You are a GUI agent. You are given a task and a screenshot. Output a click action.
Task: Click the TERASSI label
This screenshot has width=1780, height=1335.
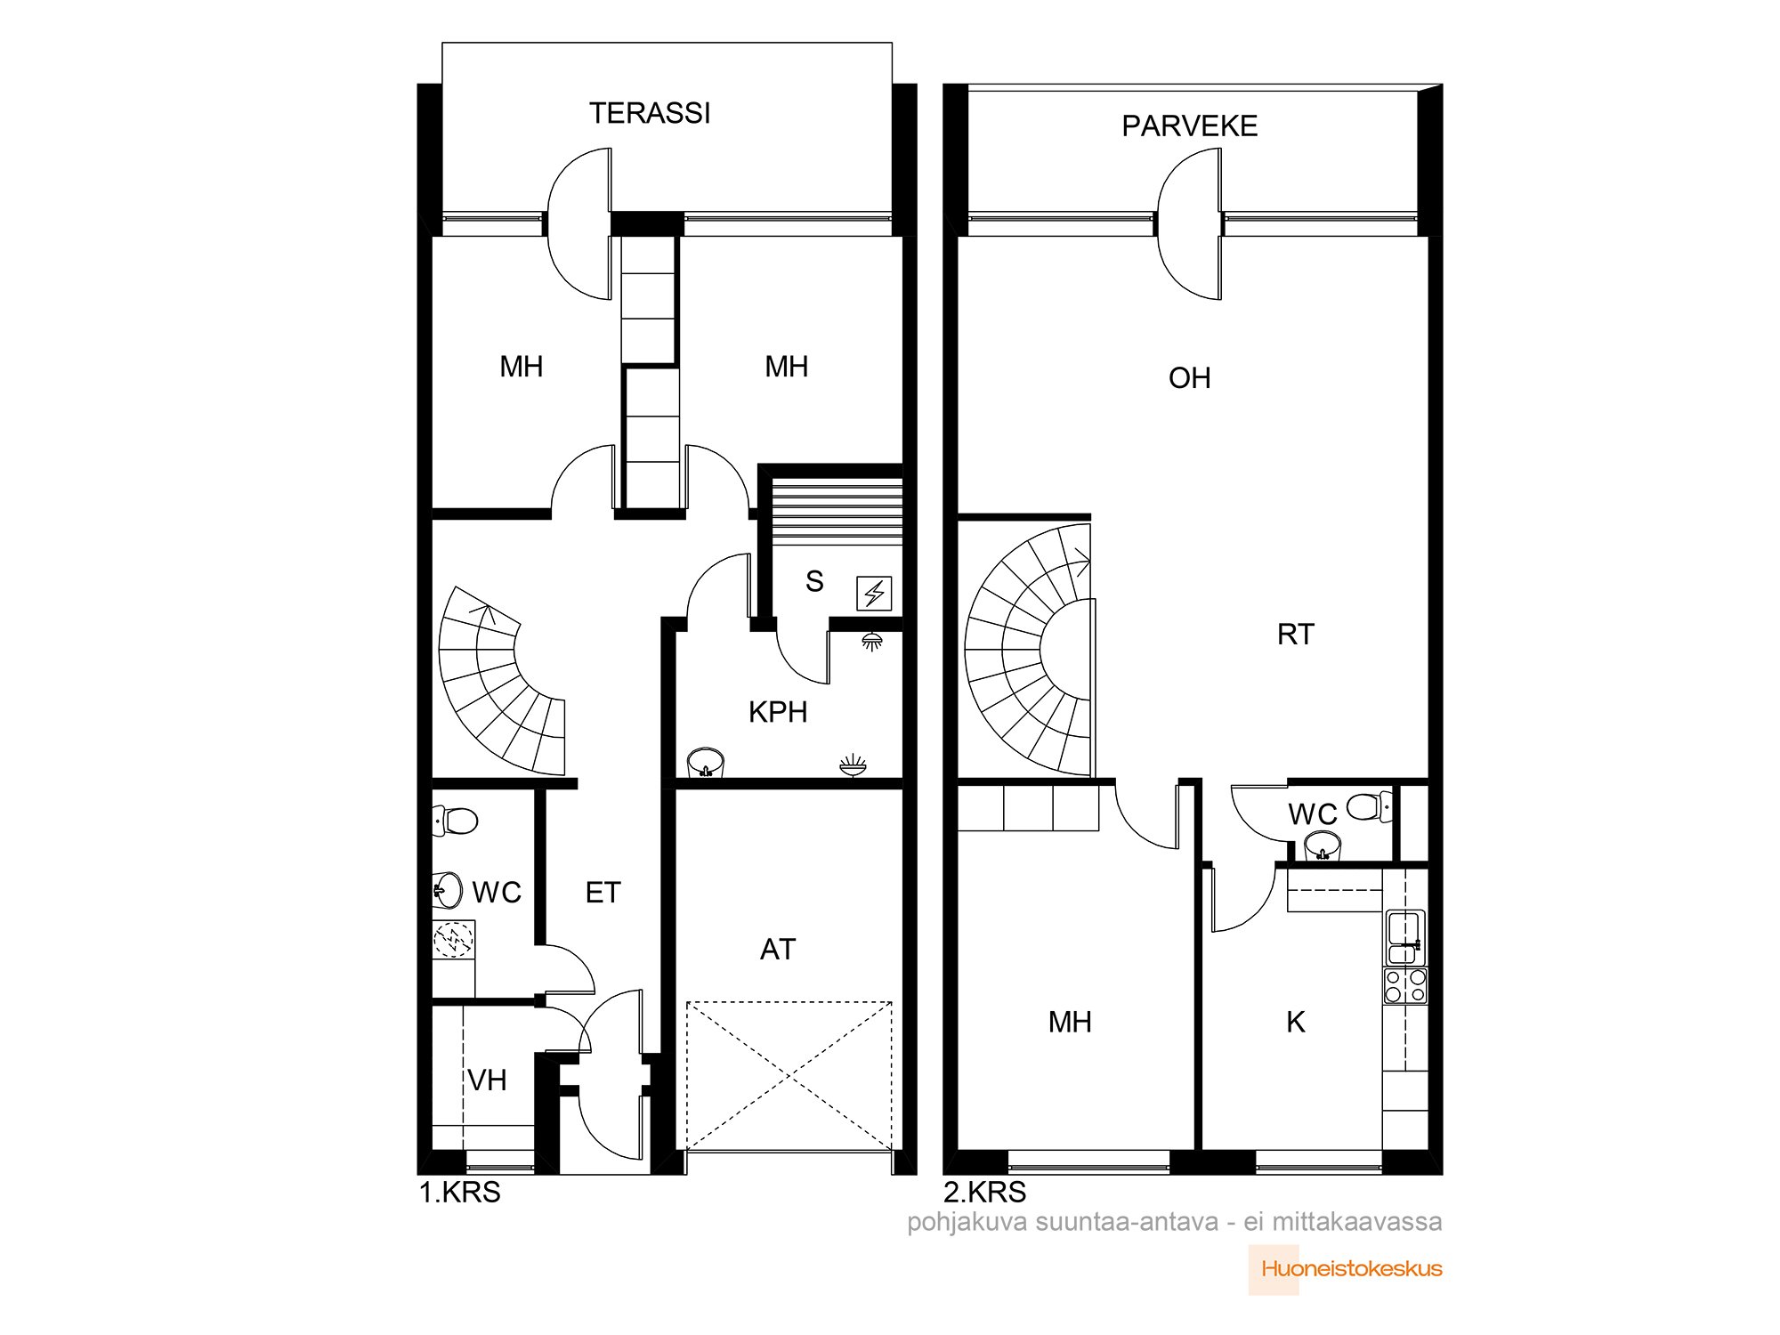coord(650,113)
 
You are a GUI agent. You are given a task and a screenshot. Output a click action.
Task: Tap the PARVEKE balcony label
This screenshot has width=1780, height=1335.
coord(1189,126)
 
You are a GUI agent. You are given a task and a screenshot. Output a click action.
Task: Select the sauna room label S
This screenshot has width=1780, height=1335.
coord(814,581)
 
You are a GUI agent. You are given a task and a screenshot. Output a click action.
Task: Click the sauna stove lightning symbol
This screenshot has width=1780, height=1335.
coord(874,594)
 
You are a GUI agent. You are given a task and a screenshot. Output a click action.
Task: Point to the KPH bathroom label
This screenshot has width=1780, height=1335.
coord(778,712)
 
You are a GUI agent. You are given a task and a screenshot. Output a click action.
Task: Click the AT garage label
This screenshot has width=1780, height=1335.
coord(778,950)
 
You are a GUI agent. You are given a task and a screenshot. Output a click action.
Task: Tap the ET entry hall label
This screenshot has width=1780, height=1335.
coord(603,893)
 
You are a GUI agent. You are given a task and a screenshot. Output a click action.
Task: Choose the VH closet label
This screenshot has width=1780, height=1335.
coord(487,1080)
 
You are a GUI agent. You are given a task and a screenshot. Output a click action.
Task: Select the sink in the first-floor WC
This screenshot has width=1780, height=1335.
coord(448,889)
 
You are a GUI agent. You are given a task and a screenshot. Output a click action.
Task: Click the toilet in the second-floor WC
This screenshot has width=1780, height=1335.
coord(1370,806)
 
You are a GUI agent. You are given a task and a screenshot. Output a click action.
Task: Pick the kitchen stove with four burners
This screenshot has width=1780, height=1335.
coord(1405,986)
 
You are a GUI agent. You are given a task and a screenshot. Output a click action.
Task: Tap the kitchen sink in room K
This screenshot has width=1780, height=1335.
coord(1405,937)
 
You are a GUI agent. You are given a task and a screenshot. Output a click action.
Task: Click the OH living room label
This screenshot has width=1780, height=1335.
coord(1189,378)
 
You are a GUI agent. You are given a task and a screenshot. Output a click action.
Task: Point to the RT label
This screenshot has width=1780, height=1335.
coord(1295,635)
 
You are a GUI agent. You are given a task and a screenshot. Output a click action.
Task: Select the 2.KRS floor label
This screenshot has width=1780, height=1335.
coord(985,1192)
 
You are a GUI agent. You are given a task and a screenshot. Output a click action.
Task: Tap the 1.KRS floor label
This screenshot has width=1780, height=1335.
coord(460,1192)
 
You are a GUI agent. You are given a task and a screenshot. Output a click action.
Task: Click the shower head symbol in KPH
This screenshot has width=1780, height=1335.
coord(871,641)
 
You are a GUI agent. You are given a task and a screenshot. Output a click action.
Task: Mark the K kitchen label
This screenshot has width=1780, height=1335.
coord(1296,1023)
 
